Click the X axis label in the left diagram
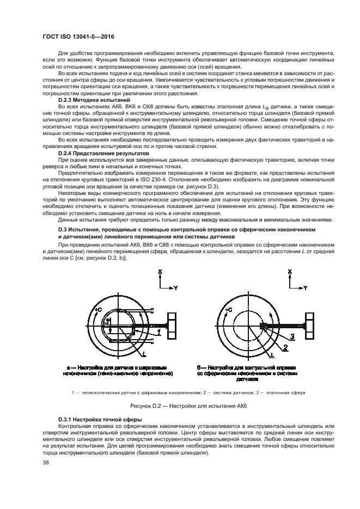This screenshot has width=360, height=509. pyautogui.click(x=160, y=271)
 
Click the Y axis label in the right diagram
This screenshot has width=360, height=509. pyautogui.click(x=304, y=287)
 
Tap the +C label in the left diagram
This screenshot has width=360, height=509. pyautogui.click(x=97, y=309)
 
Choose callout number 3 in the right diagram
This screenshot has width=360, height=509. pyautogui.click(x=292, y=337)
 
